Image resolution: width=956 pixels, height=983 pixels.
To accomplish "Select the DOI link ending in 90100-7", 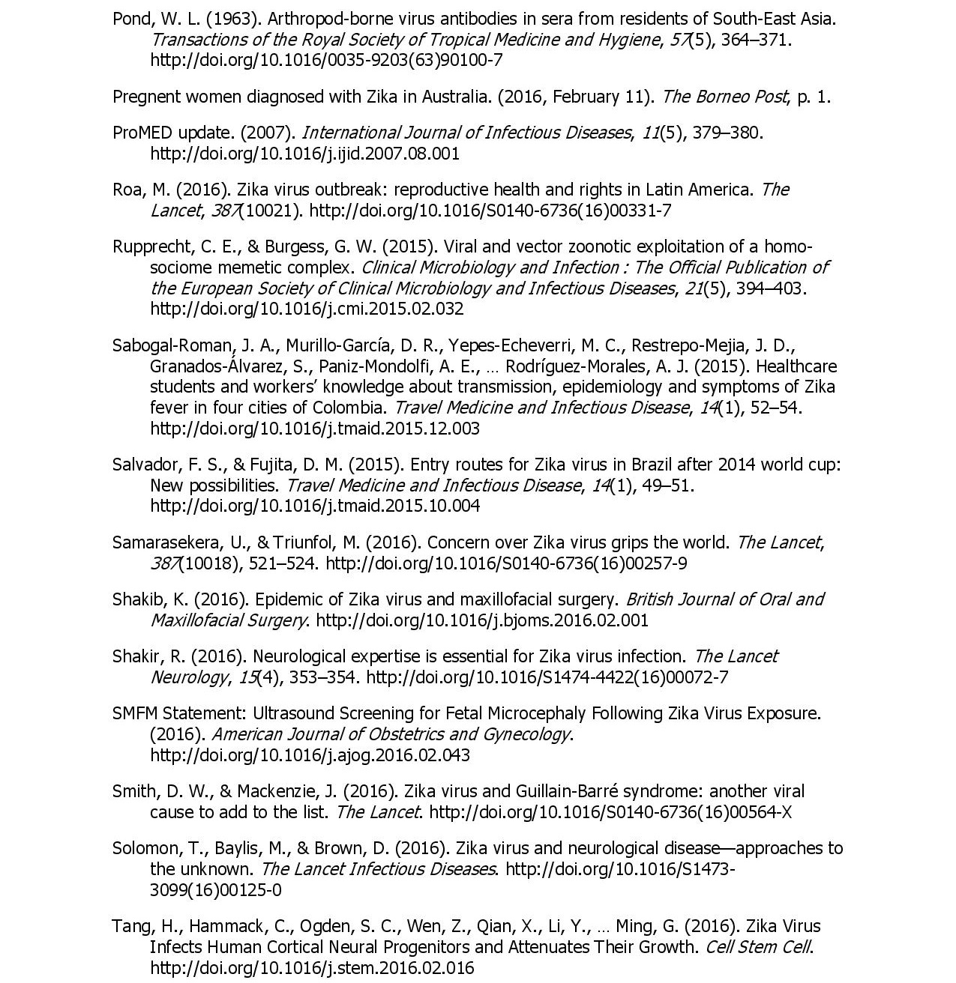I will point(326,60).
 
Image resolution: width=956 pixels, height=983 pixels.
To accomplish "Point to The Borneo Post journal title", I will point(724,97).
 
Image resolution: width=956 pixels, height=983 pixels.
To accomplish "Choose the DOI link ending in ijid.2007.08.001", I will point(304,154).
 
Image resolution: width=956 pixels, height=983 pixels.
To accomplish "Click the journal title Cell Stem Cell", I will point(757,947).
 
